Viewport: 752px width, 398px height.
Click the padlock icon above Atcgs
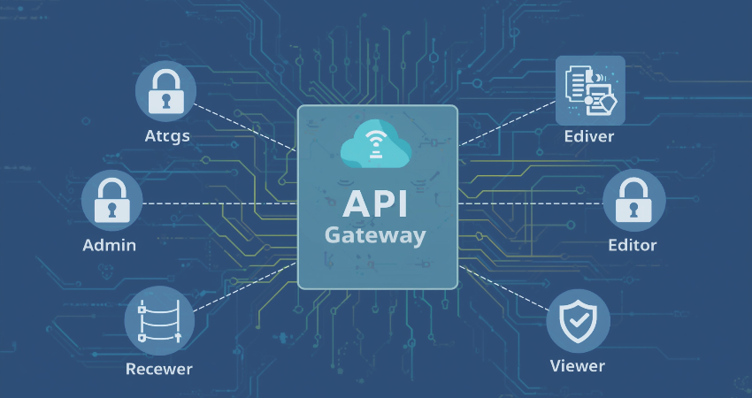pos(165,90)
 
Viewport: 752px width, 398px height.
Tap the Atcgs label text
pos(167,137)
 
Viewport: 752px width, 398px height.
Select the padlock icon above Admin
pos(112,201)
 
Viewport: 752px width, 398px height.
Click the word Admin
pos(109,245)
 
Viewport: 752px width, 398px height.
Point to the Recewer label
pos(158,368)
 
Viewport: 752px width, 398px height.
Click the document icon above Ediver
pos(589,90)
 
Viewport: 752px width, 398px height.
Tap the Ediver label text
pos(588,137)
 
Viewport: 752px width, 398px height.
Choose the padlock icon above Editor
pos(633,201)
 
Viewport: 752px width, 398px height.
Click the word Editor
pos(633,245)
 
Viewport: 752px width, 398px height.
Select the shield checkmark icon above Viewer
pos(578,320)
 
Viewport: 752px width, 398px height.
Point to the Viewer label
pos(577,366)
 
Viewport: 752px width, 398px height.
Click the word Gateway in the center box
pos(375,236)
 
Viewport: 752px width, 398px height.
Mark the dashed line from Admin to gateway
pos(221,203)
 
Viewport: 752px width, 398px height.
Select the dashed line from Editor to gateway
pos(531,203)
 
